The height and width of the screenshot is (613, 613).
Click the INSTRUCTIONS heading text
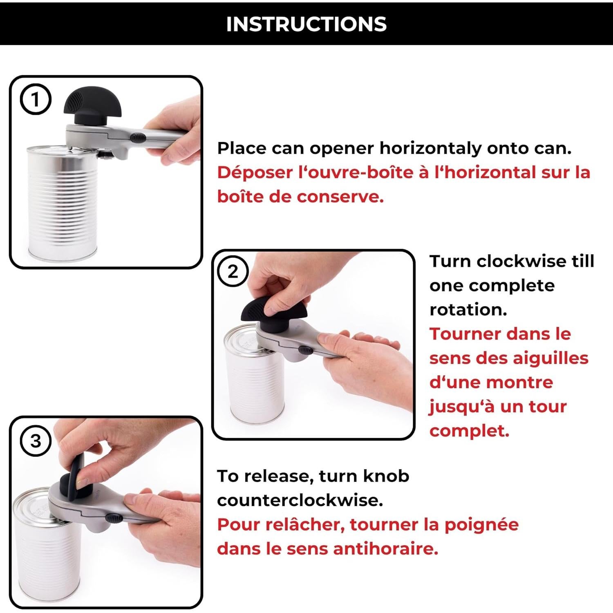click(306, 24)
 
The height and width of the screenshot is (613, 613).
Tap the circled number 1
click(36, 100)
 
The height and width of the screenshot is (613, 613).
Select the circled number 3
click(36, 441)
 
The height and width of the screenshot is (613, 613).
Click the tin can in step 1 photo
click(61, 204)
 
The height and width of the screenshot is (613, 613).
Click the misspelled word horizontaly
click(431, 148)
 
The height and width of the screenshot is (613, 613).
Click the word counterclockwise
click(300, 500)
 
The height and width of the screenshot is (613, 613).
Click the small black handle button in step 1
click(139, 138)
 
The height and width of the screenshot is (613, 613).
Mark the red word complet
click(469, 431)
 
